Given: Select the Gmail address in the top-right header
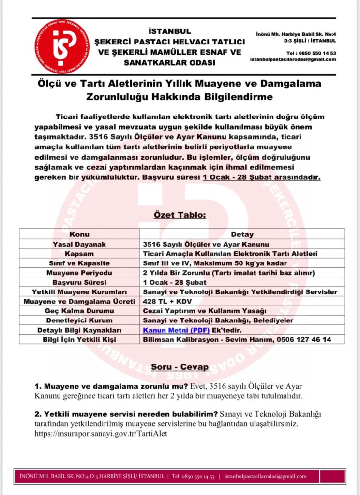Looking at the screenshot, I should pos(293,59).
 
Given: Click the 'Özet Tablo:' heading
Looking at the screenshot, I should pos(180,215).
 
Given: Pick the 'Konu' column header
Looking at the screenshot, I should pos(79,234).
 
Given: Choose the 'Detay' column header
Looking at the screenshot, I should pos(242,234).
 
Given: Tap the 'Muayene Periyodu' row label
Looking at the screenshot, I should pos(79,273).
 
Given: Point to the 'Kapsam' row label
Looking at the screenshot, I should pos(79,254).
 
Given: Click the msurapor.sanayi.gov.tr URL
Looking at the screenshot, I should pos(101,433).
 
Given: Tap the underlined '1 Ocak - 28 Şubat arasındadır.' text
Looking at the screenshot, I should pos(261,177).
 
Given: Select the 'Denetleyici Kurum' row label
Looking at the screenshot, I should pos(79,320).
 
